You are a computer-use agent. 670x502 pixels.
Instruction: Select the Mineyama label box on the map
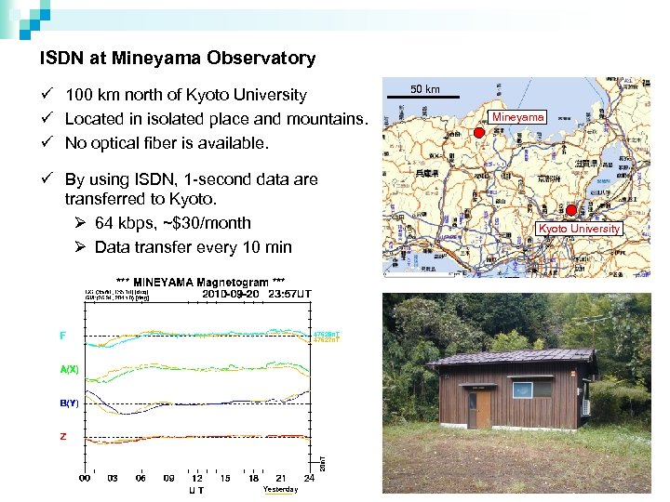[518, 117]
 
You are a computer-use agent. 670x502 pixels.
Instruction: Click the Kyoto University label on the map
[579, 229]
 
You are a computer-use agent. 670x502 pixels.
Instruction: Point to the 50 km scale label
[425, 89]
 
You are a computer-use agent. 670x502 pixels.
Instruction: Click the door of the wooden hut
[481, 409]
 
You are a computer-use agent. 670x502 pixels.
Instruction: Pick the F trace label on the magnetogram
[63, 336]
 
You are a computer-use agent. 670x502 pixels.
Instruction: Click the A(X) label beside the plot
[69, 369]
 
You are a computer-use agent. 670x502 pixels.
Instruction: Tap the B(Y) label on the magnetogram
[69, 403]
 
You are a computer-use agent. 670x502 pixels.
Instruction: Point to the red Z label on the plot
[63, 436]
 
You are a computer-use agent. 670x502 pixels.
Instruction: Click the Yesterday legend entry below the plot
[280, 490]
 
